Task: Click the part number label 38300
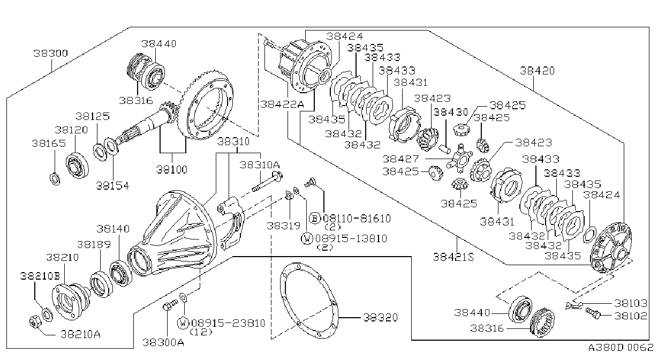click(x=50, y=53)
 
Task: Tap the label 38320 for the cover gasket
click(x=380, y=317)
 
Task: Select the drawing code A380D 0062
click(x=621, y=348)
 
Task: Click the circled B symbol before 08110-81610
click(x=315, y=219)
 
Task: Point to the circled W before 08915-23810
click(x=183, y=323)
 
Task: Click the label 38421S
click(x=453, y=257)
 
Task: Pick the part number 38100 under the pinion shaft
click(x=171, y=169)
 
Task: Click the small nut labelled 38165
click(x=55, y=179)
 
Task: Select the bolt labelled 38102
click(x=593, y=313)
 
